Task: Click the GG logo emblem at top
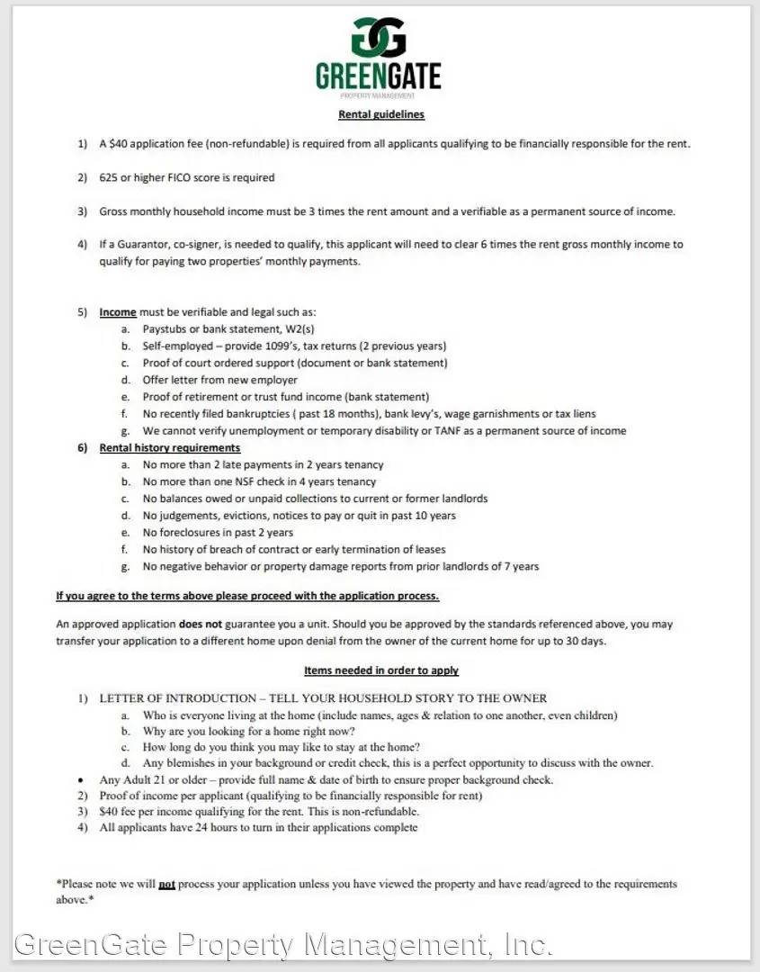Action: [x=379, y=37]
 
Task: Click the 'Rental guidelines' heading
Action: [x=380, y=114]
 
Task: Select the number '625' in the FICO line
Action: [x=109, y=177]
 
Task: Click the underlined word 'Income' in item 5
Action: [x=118, y=312]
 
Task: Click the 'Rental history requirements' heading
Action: [x=169, y=447]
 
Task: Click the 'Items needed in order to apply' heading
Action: [x=380, y=670]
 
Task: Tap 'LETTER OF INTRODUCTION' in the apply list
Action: [x=177, y=698]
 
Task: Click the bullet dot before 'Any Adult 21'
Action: [x=82, y=780]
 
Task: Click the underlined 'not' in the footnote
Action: [x=166, y=885]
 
